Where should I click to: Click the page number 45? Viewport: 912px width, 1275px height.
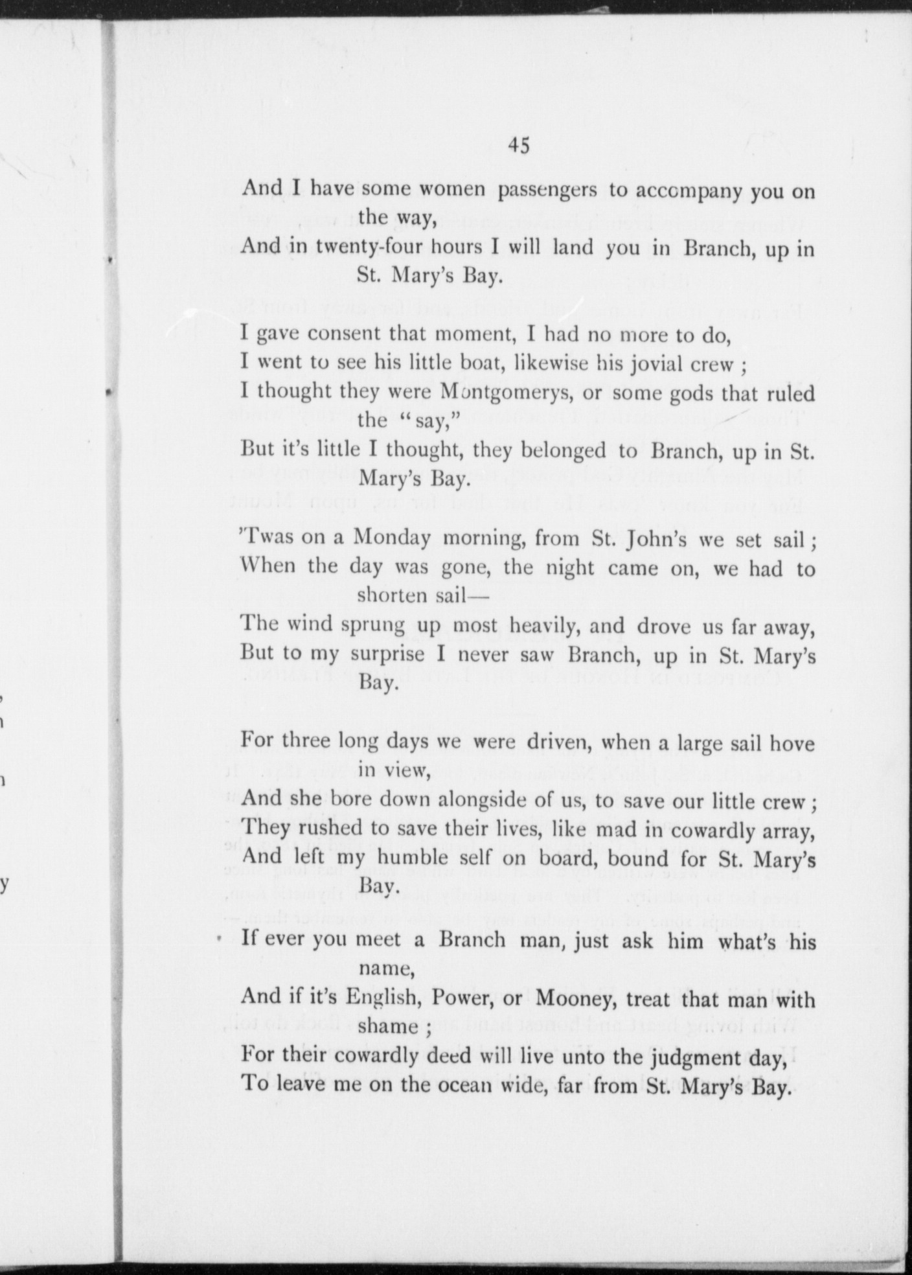(x=519, y=146)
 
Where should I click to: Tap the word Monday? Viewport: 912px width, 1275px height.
(x=391, y=538)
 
